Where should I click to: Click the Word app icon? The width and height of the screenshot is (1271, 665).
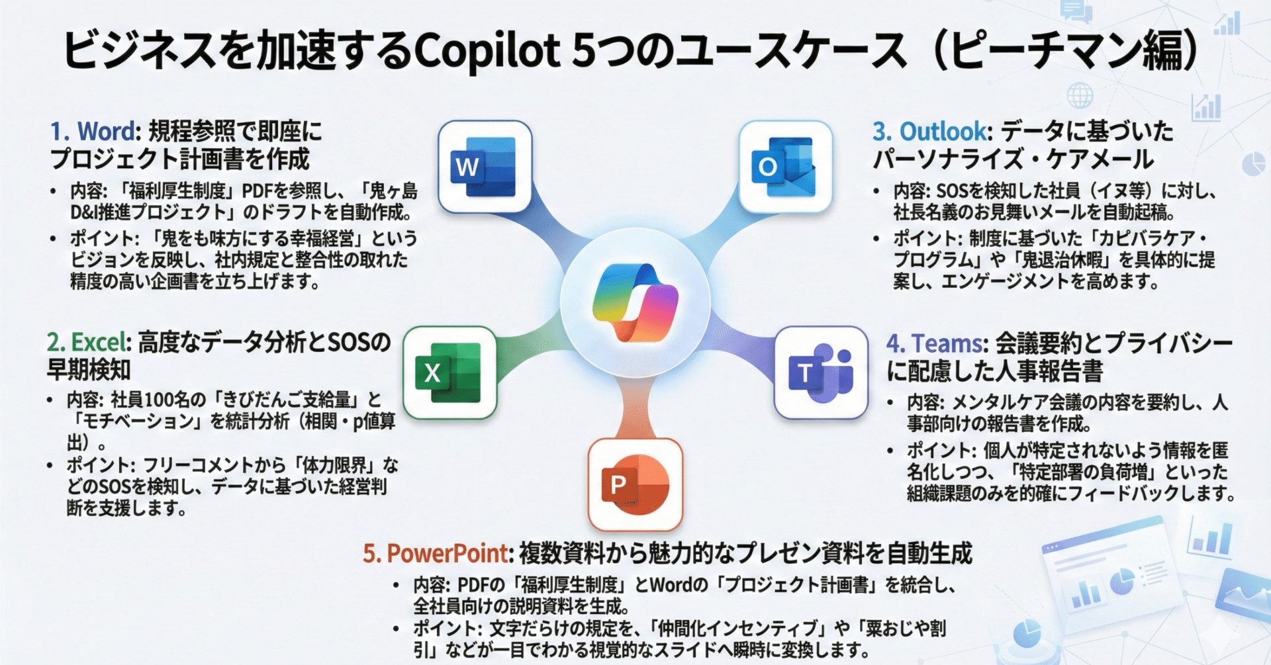485,167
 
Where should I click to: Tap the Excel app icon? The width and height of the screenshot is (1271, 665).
449,373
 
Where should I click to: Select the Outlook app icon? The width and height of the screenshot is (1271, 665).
784,167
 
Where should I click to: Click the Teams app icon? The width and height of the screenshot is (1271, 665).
821,373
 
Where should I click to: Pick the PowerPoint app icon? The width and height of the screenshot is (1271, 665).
635,484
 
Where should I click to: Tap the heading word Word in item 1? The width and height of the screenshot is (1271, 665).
106,131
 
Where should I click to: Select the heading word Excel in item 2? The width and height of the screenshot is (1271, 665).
98,342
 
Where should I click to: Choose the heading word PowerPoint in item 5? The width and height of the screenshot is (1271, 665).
447,553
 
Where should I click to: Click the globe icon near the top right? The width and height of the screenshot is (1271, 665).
1080,96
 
